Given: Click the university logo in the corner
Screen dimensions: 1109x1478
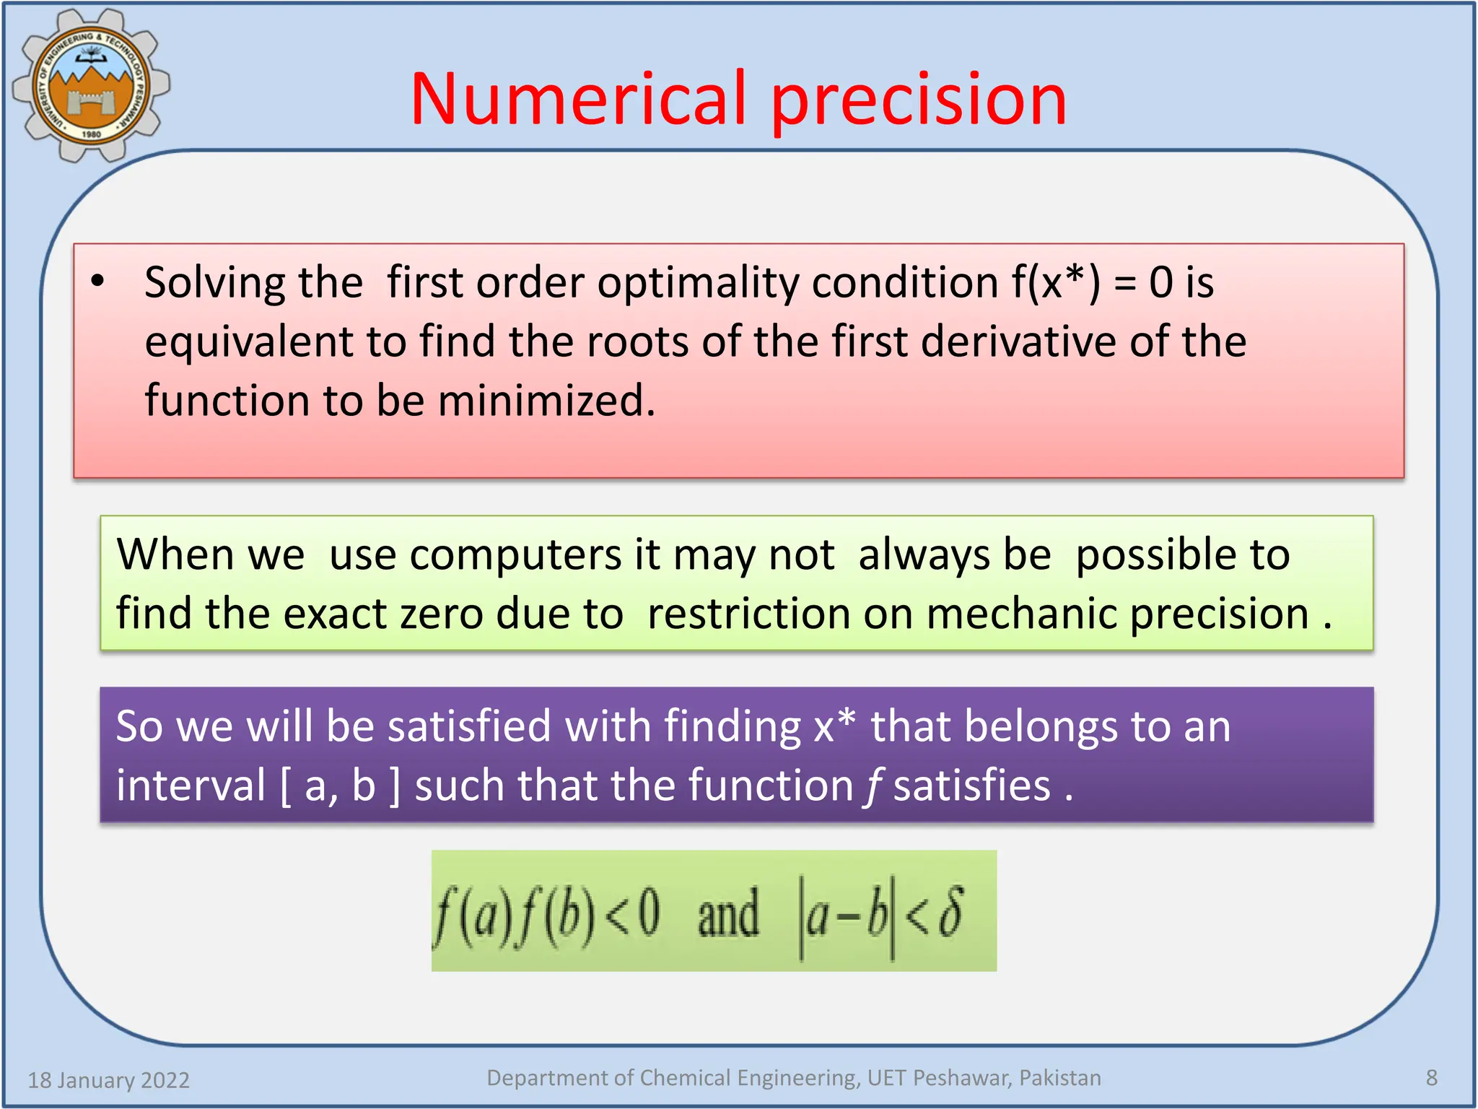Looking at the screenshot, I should tap(91, 85).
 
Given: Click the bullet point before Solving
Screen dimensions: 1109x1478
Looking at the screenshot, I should tap(98, 282).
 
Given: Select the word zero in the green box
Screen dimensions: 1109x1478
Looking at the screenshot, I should tap(442, 614).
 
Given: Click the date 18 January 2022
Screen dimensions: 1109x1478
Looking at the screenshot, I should tap(109, 1080).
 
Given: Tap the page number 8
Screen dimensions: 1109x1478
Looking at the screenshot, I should tap(1432, 1078).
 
